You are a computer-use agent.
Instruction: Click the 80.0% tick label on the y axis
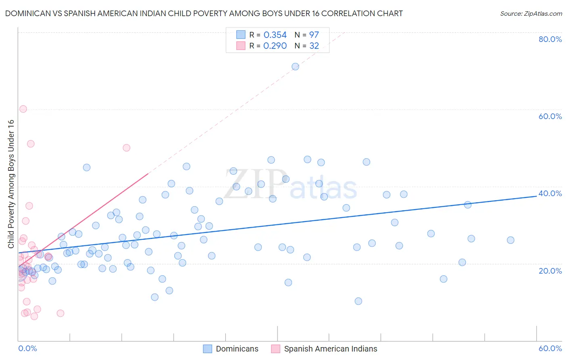coord(550,39)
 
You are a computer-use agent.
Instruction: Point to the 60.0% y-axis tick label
coord(550,116)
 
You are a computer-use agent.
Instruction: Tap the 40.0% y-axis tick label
coord(550,193)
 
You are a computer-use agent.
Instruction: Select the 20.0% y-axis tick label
coord(550,270)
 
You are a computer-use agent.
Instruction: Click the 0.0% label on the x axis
coord(27,348)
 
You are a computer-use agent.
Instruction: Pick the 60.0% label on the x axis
coord(550,348)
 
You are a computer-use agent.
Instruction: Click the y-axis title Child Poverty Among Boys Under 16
coord(11,184)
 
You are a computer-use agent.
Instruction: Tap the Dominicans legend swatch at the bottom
coord(208,349)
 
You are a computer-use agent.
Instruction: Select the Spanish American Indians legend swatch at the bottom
coord(275,349)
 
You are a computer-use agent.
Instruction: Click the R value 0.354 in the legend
coord(275,35)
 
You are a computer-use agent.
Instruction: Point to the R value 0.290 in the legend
coord(275,46)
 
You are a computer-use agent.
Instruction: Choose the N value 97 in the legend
coord(314,35)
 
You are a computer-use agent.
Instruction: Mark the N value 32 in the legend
coord(314,46)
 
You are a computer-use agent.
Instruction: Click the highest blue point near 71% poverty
coord(295,67)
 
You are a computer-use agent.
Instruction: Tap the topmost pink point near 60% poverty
coord(23,109)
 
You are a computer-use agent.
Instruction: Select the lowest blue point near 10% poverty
coord(358,301)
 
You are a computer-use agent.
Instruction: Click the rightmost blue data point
coord(511,240)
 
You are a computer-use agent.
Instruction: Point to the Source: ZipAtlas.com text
coord(531,13)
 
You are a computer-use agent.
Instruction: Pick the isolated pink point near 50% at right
coord(126,148)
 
